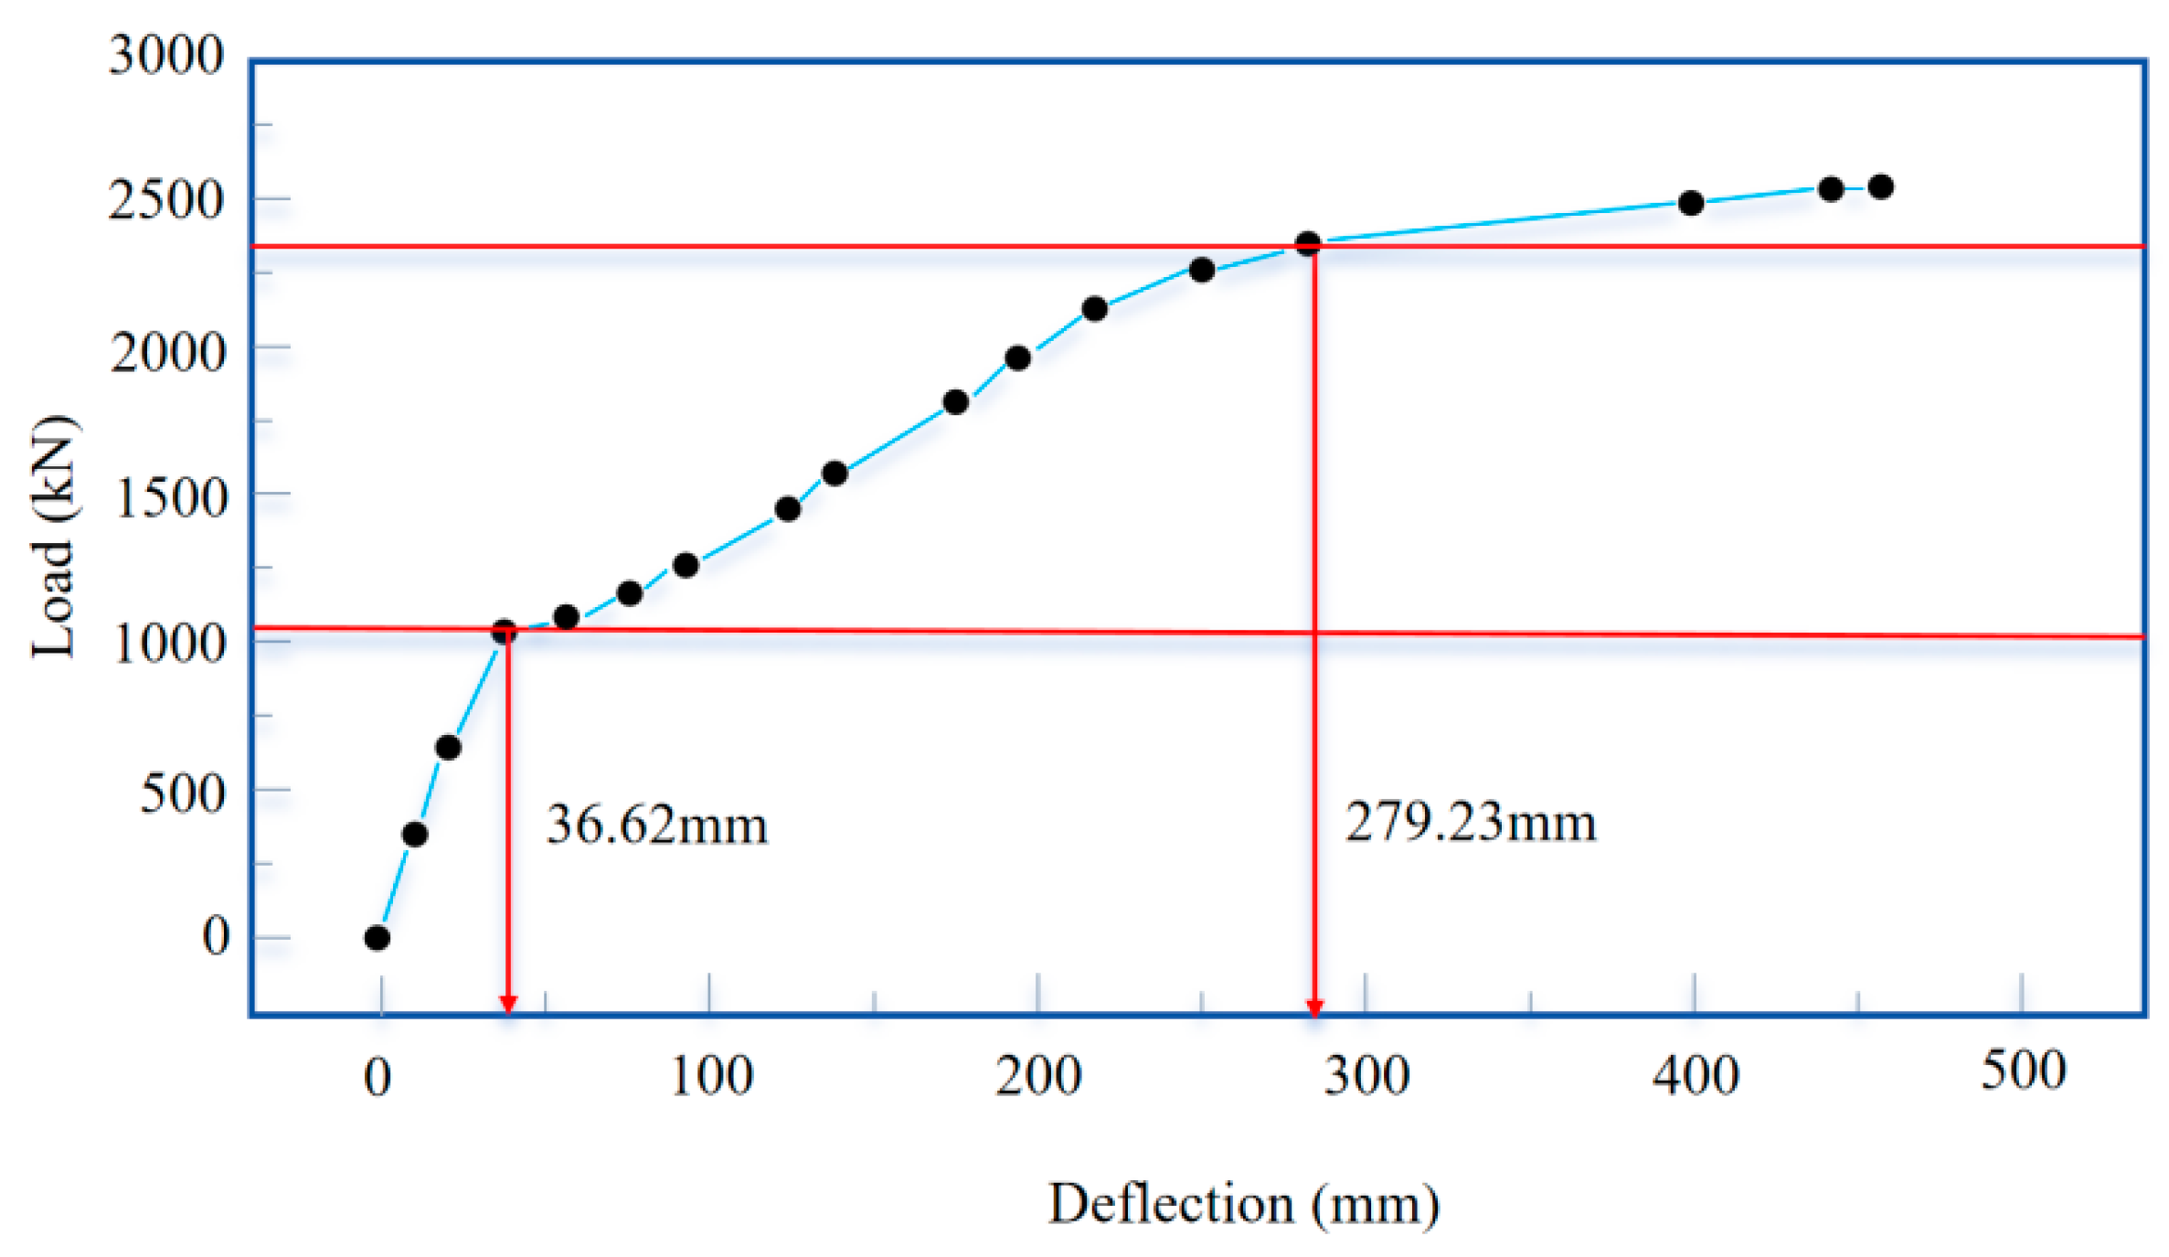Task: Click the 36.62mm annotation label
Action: point(656,825)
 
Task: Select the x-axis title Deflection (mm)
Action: point(1243,1204)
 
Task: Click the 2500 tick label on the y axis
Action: point(166,200)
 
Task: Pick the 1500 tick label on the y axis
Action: point(171,498)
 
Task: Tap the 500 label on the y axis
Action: point(183,794)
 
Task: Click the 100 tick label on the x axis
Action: point(711,1076)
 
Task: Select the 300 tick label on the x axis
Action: point(1366,1076)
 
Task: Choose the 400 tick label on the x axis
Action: point(1695,1076)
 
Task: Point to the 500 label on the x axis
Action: point(2023,1071)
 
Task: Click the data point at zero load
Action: point(377,938)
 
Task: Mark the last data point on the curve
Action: point(1881,187)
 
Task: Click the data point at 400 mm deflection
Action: point(1691,203)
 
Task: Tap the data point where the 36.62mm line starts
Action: point(504,631)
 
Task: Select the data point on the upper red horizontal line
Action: point(1308,244)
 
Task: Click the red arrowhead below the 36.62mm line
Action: point(508,1005)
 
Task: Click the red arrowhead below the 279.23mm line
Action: point(1314,1007)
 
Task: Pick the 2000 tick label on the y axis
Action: point(168,352)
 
